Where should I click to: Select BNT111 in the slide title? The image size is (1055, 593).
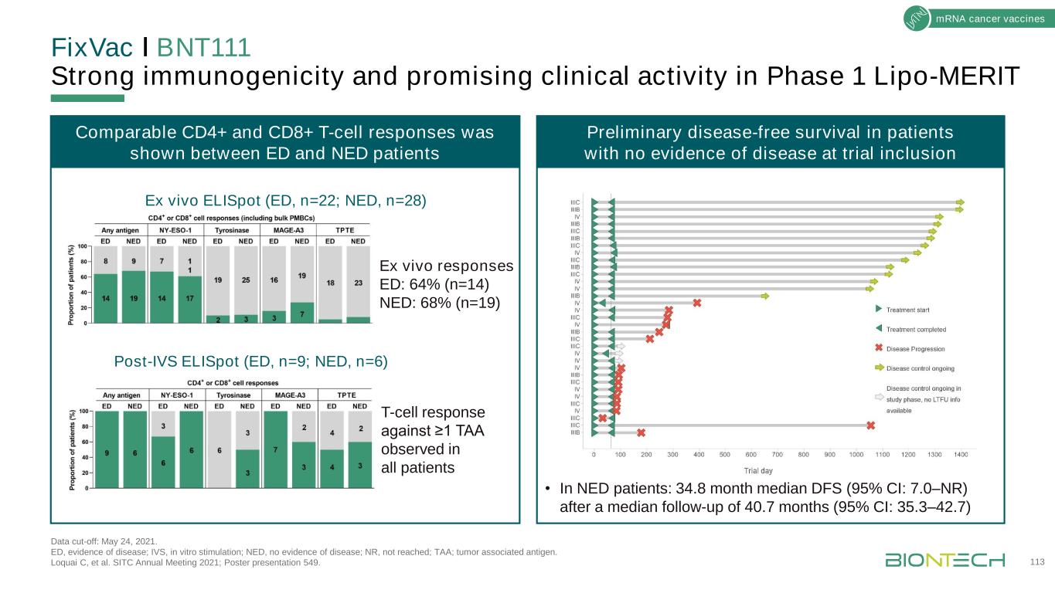(x=203, y=48)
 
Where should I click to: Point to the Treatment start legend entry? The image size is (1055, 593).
(x=907, y=310)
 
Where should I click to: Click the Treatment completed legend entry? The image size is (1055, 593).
(x=915, y=329)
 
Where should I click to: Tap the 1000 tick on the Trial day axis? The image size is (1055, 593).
(x=856, y=455)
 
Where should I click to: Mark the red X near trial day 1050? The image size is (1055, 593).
(x=871, y=425)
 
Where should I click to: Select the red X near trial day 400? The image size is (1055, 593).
(x=697, y=303)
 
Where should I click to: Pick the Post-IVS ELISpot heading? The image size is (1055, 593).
(x=251, y=361)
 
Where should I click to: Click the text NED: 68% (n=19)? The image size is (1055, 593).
(x=441, y=301)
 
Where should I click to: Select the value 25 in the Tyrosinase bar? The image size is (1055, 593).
(x=246, y=280)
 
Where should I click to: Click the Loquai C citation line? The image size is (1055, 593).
(x=185, y=562)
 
